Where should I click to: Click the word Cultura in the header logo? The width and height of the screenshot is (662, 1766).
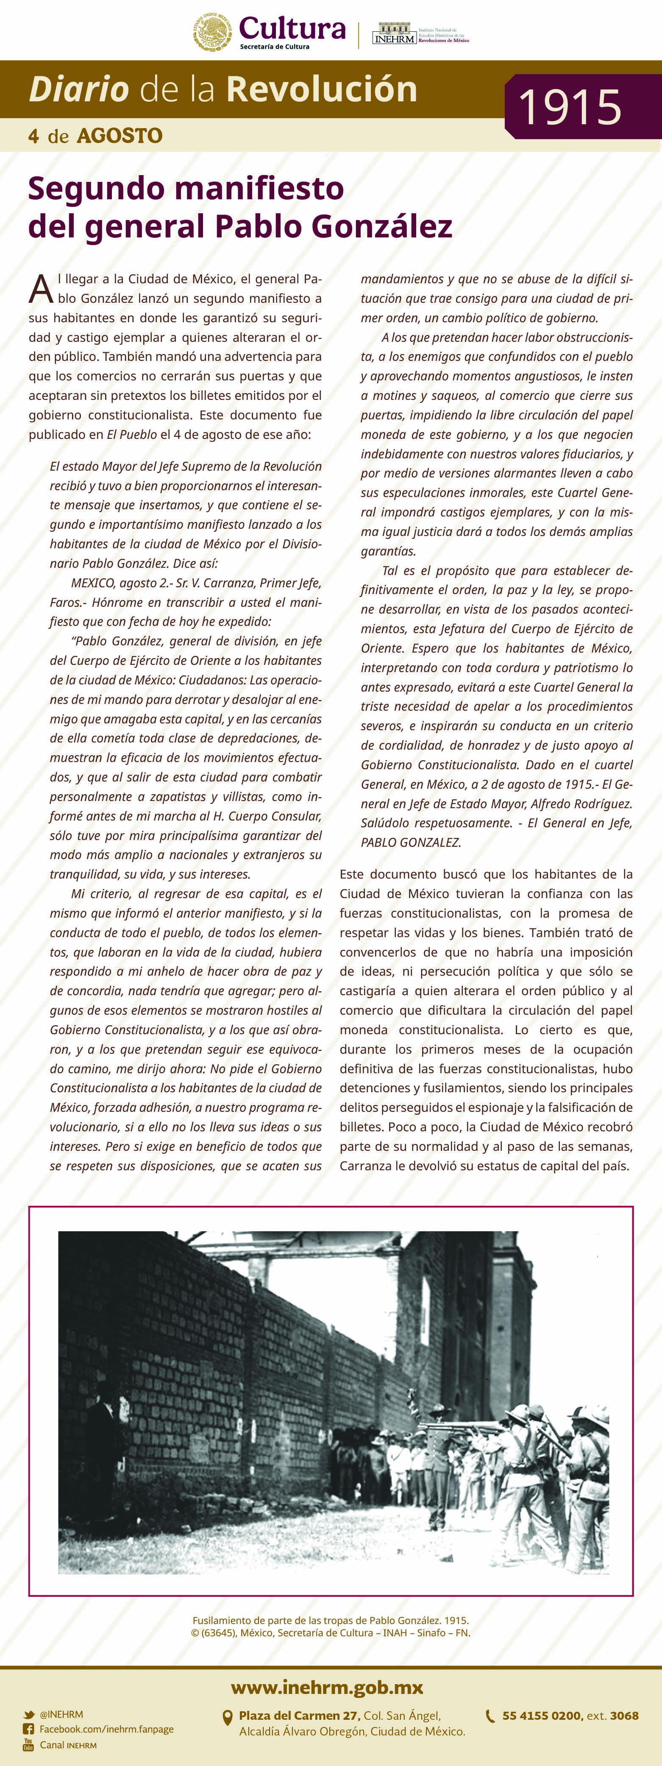292,29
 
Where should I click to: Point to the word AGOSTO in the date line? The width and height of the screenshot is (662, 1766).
120,136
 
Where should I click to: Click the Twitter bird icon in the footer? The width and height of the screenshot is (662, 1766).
28,1715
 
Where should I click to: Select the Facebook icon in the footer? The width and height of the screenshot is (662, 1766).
28,1729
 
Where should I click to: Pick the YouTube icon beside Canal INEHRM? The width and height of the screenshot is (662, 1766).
28,1745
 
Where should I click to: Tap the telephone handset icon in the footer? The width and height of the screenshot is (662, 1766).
490,1716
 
